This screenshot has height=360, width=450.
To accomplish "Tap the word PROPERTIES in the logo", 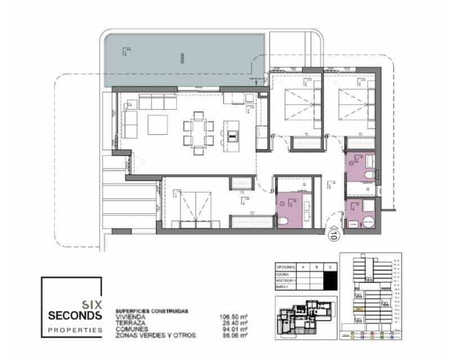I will click(71, 330).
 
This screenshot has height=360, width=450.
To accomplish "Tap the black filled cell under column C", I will click(332, 279).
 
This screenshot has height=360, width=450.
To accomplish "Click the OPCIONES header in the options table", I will click(285, 267).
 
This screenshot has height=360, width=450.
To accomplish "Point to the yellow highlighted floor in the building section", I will click(358, 309).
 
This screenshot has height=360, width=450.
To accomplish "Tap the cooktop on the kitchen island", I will click(232, 134).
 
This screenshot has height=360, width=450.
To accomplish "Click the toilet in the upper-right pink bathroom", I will click(368, 176).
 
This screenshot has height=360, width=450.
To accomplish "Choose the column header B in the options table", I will click(316, 267).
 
